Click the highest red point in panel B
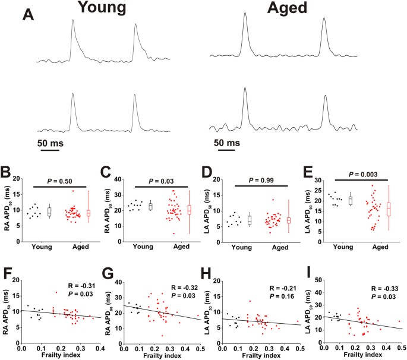click(73, 191)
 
